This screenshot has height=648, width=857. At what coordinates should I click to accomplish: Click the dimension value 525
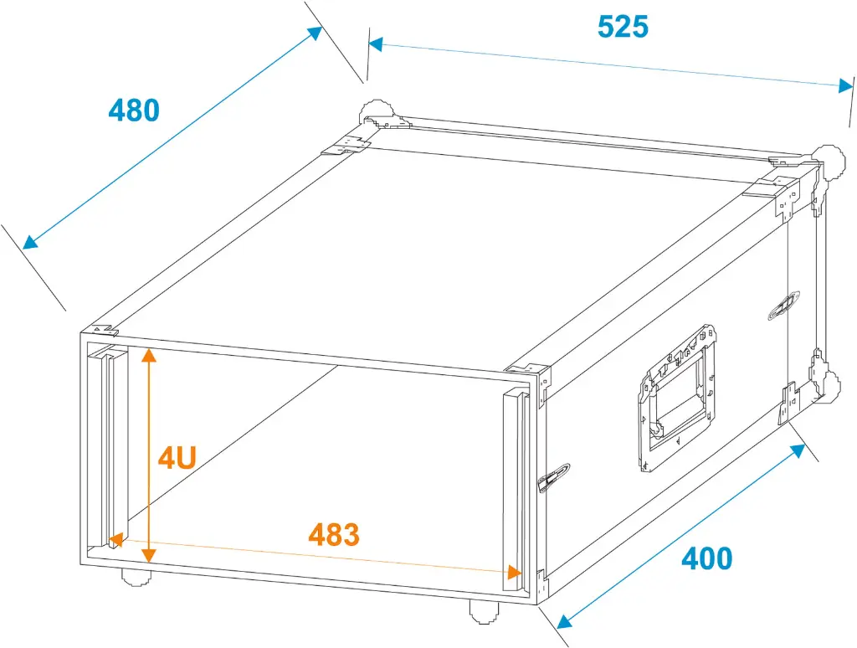click(623, 26)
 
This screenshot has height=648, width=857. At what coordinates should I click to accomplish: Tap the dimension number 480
click(134, 110)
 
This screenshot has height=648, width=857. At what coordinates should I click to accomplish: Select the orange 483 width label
click(334, 534)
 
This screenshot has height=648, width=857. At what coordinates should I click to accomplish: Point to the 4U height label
click(177, 458)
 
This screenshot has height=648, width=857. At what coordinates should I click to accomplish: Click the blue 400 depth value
click(706, 558)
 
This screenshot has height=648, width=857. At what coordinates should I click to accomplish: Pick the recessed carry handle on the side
click(676, 398)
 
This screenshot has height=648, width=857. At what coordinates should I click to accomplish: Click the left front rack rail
click(107, 445)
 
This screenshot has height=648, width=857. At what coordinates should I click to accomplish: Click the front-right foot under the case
click(484, 611)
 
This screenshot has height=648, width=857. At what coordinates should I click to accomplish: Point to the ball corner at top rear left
click(377, 114)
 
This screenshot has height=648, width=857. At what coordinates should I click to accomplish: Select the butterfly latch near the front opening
click(553, 477)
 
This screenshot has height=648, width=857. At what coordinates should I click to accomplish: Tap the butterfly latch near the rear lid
click(784, 305)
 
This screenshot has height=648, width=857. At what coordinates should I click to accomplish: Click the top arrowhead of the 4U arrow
click(149, 356)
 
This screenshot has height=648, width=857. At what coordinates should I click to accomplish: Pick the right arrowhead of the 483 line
click(514, 572)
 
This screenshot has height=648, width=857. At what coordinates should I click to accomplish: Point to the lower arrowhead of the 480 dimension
click(31, 242)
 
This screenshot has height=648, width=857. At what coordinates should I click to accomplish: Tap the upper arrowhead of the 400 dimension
click(798, 450)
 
